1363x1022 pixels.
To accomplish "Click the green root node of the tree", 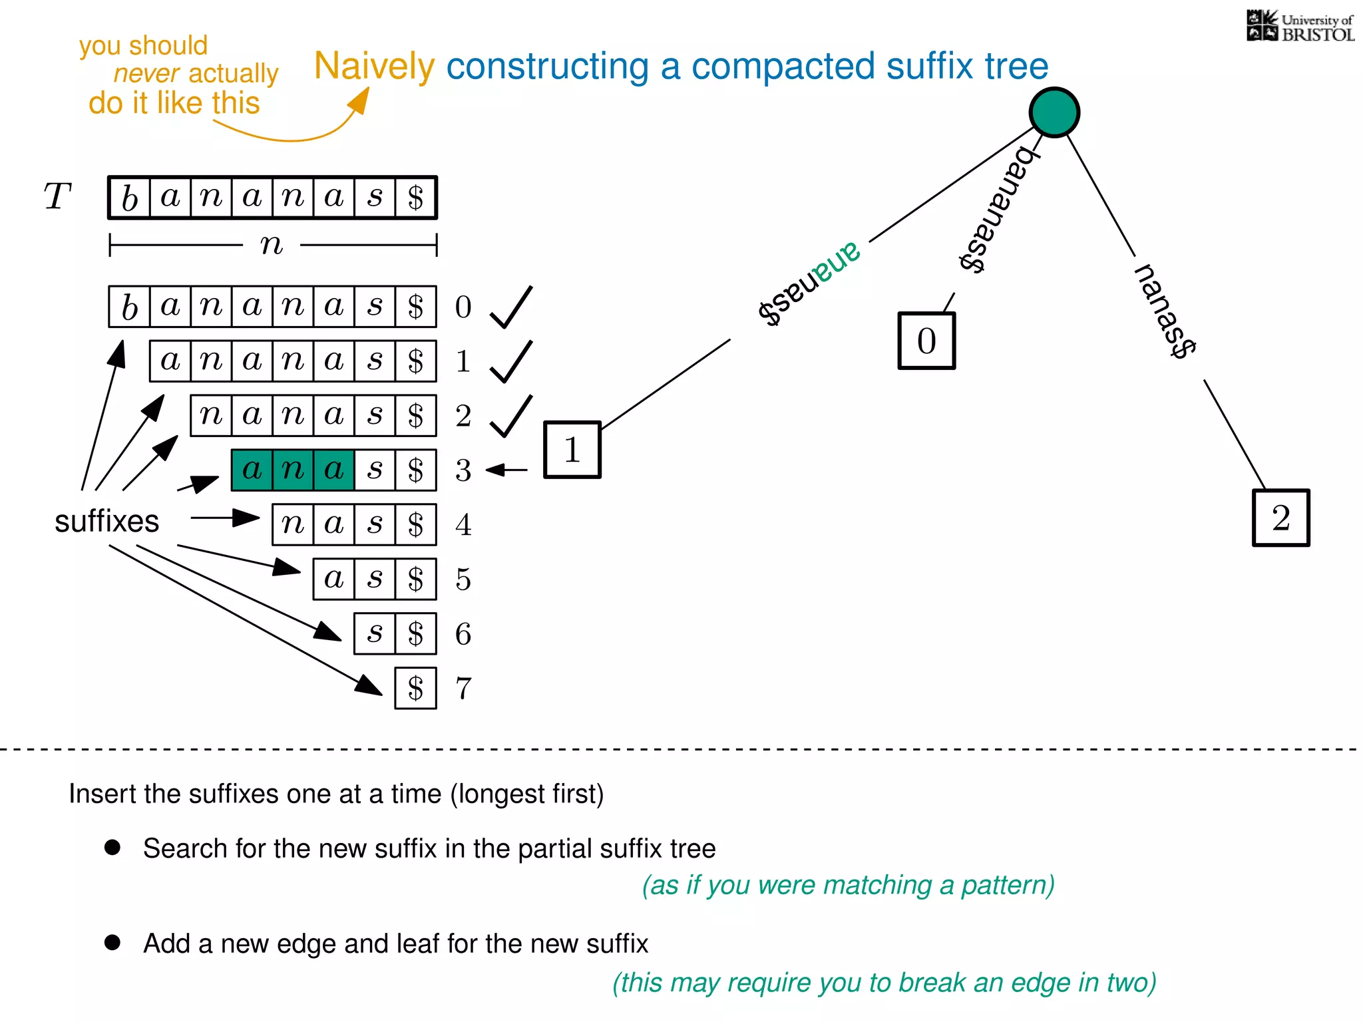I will pyautogui.click(x=1054, y=112).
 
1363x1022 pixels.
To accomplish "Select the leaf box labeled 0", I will pyautogui.click(x=926, y=341).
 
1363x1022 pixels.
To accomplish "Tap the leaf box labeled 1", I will pyautogui.click(x=572, y=450).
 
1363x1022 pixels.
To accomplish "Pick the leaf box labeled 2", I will pyautogui.click(x=1281, y=518).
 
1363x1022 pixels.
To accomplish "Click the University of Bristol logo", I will pyautogui.click(x=1300, y=27).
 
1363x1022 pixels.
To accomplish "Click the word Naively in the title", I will pyautogui.click(x=374, y=67).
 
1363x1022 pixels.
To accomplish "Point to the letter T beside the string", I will pyautogui.click(x=57, y=197).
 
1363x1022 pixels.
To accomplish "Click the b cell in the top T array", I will pyautogui.click(x=129, y=198).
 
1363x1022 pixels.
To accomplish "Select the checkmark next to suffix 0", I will pyautogui.click(x=511, y=307).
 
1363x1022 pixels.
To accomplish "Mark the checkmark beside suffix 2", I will pyautogui.click(x=511, y=417).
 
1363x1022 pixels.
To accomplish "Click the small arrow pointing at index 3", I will pyautogui.click(x=506, y=470).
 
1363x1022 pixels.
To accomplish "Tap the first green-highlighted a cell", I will pyautogui.click(x=252, y=470).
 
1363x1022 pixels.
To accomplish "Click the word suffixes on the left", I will pyautogui.click(x=106, y=521).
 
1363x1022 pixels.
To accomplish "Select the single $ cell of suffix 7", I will pyautogui.click(x=415, y=688).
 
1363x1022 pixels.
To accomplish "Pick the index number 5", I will pyautogui.click(x=463, y=579).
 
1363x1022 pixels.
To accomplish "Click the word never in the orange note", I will pyautogui.click(x=146, y=73).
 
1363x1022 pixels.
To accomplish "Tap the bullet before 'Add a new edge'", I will pyautogui.click(x=112, y=942).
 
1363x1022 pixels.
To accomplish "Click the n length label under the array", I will pyautogui.click(x=272, y=245).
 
